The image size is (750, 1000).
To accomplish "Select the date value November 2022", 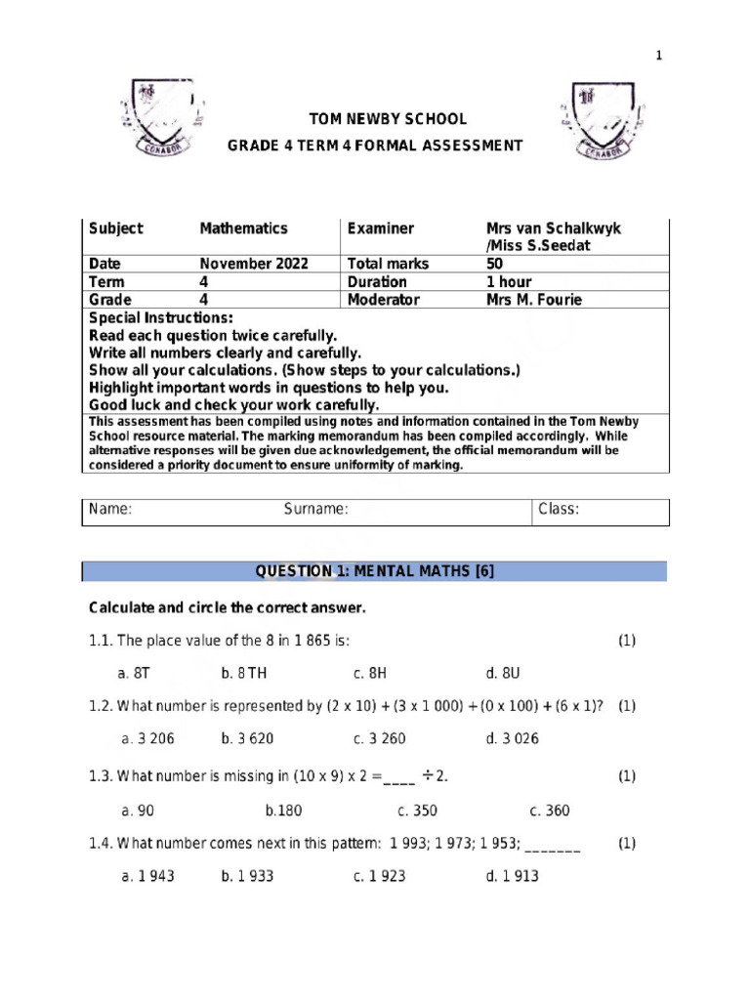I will [x=253, y=264].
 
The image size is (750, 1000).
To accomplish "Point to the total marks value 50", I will [x=495, y=264].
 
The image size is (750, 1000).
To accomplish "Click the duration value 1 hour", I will [x=509, y=282].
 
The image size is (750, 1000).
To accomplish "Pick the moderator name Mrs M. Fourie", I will [x=533, y=300].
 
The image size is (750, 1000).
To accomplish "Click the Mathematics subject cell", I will [x=243, y=229].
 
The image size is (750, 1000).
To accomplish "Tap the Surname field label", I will [x=315, y=509].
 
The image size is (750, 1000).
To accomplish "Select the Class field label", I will [x=559, y=509].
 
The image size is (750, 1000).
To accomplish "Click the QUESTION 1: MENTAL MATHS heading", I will [x=374, y=571].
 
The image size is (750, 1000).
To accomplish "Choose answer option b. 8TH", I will [x=243, y=673].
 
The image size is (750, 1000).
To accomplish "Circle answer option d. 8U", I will [x=503, y=673].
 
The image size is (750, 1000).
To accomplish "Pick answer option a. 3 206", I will [x=147, y=738].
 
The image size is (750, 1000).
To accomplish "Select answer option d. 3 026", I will [x=512, y=738].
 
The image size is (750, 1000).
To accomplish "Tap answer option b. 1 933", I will [x=247, y=876].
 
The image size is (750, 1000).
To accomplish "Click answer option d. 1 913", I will [x=512, y=876].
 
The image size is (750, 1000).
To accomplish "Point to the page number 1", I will [x=658, y=56].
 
